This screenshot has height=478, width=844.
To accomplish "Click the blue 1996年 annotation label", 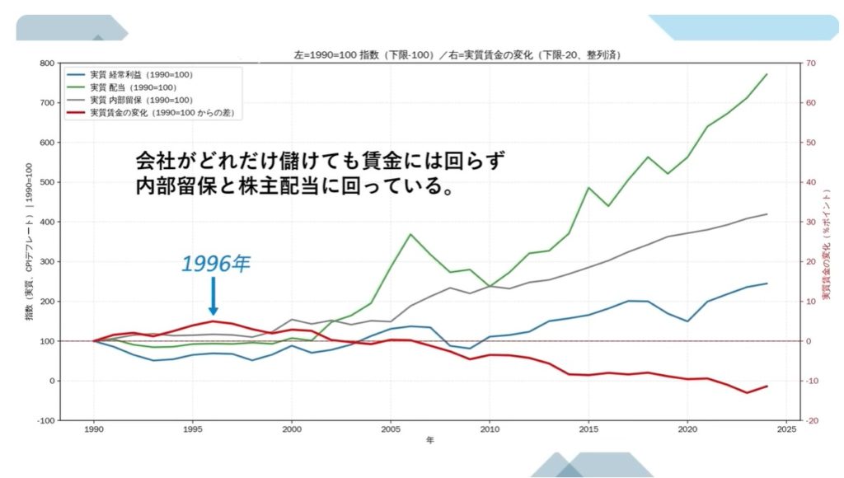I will (x=215, y=264).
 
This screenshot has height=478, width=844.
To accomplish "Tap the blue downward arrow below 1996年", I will (x=213, y=296).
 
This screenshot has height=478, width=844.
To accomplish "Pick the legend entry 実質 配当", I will (x=131, y=87).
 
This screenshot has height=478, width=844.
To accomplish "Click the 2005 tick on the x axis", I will (x=391, y=429).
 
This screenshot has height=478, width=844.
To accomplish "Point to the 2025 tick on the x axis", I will (x=786, y=429).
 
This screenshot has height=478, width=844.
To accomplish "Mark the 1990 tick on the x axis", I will (x=94, y=429).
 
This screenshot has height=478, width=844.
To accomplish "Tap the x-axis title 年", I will (x=429, y=441).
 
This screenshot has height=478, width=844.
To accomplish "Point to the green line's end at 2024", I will (x=767, y=74).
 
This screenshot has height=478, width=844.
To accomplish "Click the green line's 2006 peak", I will (x=410, y=234).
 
